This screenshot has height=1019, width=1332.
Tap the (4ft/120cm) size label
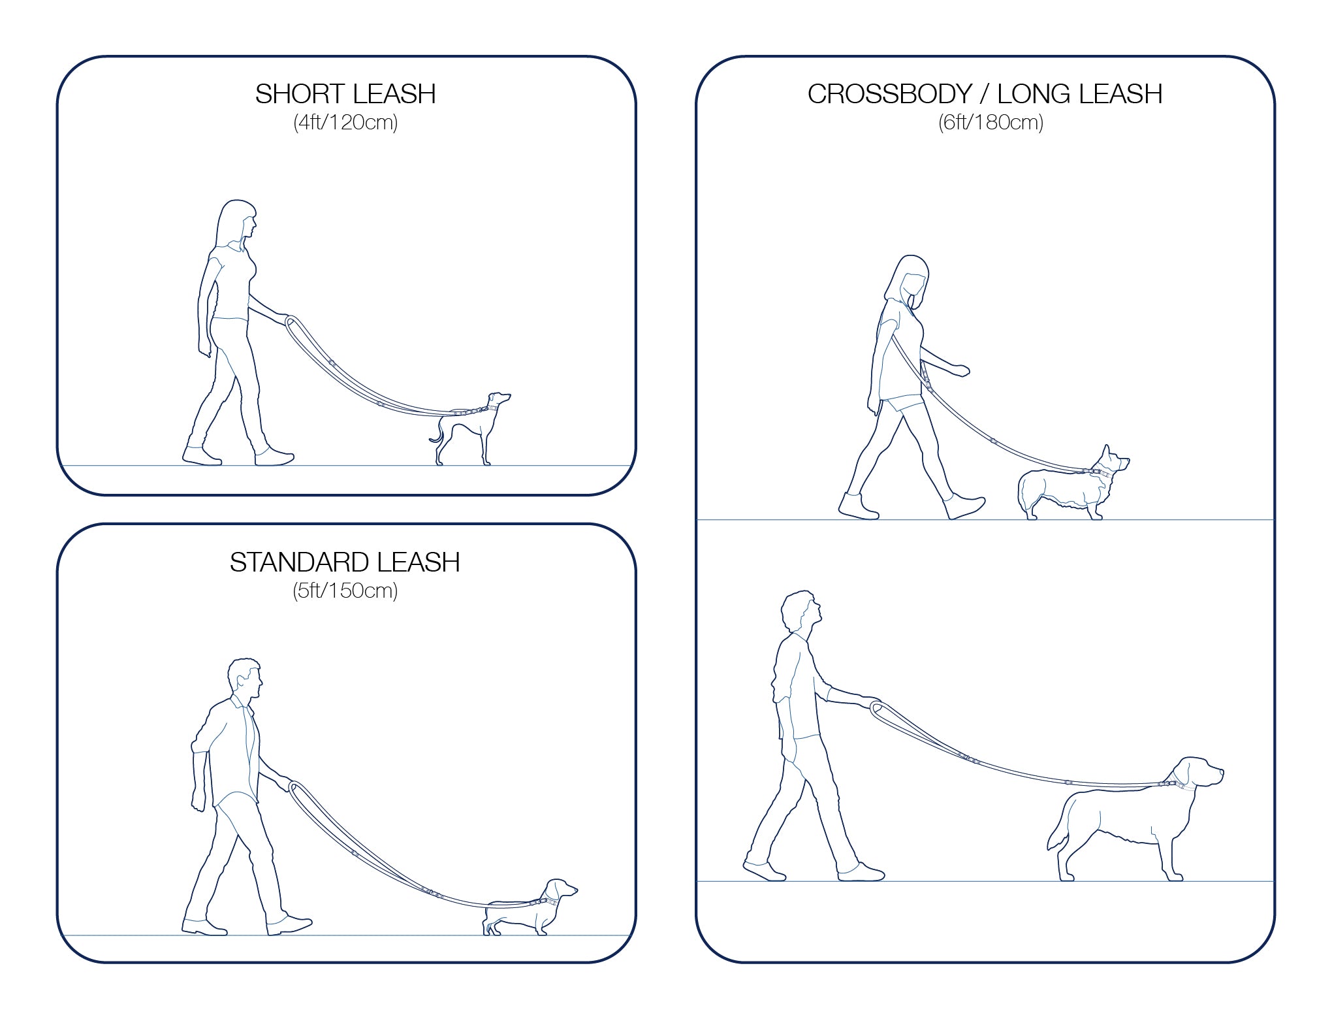tap(345, 122)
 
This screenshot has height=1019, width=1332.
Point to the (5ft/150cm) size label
tap(345, 590)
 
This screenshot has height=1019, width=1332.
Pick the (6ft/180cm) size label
tap(991, 122)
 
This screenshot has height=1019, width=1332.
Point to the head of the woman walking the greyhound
tap(237, 223)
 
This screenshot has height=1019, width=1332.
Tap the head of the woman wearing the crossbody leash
tap(909, 281)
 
